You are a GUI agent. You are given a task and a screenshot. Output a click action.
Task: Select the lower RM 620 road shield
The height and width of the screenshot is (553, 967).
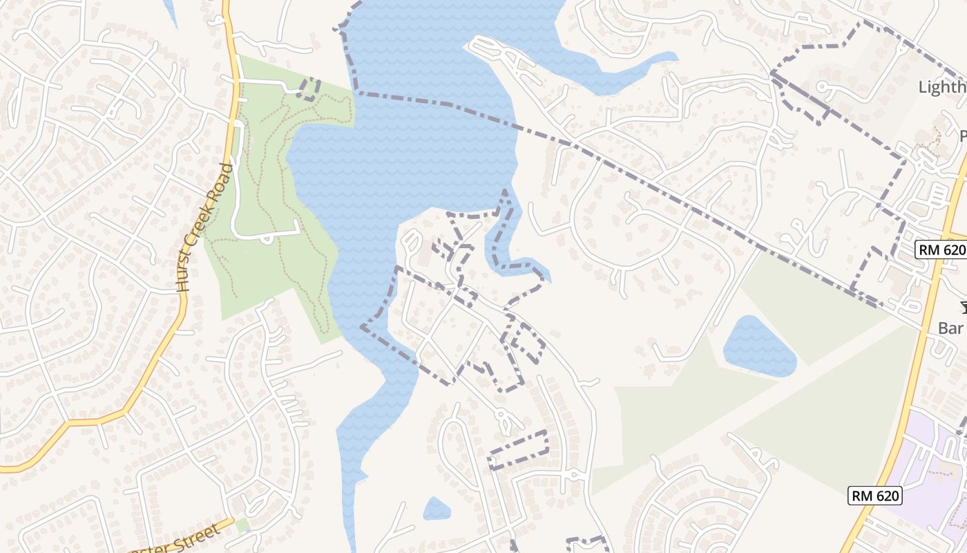point(875,496)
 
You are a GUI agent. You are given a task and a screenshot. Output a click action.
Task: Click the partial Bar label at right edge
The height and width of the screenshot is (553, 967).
point(952,328)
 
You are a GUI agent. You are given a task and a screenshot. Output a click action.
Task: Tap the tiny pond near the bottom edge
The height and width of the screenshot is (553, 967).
point(436,509)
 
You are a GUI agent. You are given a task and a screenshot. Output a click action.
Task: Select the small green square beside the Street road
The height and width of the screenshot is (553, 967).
point(242,525)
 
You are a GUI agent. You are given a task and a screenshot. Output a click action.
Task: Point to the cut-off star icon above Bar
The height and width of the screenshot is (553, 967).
point(962,308)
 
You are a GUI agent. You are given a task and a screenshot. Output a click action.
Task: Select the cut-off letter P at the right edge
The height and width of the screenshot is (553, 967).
point(963,135)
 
